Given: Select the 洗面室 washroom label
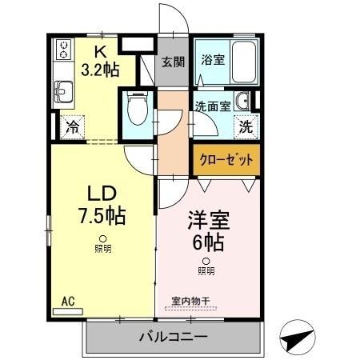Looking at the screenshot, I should pos(212,104).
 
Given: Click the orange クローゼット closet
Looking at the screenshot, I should pos(226,160).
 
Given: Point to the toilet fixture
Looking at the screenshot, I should pos(138,108).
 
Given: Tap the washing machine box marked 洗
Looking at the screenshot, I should pos(245,125).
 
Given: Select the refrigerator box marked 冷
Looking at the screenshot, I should pos(73,126).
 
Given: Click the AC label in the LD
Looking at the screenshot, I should pos(68,302).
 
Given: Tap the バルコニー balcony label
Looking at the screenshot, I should pos(175,337).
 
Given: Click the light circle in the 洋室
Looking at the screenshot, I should pos(206,261).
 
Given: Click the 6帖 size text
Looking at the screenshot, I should pos(206,239).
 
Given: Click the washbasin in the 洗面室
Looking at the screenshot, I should pos(244,101).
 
